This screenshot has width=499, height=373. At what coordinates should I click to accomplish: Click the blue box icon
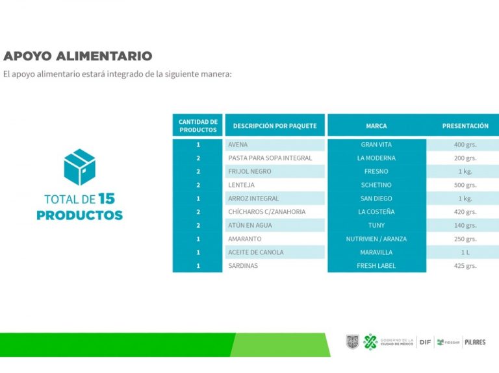(79, 167)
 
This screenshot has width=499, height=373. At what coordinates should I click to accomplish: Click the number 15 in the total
(107, 199)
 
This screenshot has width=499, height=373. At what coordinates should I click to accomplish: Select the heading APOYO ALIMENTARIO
(78, 56)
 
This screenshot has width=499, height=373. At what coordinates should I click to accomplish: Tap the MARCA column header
(376, 126)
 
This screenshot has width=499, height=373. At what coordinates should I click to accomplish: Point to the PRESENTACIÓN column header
(465, 126)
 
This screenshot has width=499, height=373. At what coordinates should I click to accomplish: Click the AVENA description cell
(275, 145)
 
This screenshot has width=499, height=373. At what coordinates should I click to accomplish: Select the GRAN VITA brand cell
(376, 145)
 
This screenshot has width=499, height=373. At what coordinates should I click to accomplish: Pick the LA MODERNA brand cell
(376, 158)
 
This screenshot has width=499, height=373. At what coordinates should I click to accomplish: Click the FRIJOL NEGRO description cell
(275, 171)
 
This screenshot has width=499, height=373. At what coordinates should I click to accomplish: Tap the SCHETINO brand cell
(376, 185)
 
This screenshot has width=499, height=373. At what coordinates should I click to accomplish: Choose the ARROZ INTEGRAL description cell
(275, 199)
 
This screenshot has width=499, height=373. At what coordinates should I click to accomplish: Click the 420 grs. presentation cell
(465, 212)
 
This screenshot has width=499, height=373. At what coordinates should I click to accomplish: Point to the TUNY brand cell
(376, 225)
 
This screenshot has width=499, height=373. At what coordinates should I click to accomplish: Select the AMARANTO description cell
(275, 239)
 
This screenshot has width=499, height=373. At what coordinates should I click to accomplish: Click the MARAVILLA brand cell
(376, 252)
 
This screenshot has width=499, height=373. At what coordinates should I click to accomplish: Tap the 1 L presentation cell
(465, 252)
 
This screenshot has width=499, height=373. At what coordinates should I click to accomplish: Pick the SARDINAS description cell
(275, 265)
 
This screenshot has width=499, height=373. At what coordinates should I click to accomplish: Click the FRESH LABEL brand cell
(376, 265)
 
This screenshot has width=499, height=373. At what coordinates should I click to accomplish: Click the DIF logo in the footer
(425, 342)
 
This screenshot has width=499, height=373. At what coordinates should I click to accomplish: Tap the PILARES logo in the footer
(475, 342)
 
